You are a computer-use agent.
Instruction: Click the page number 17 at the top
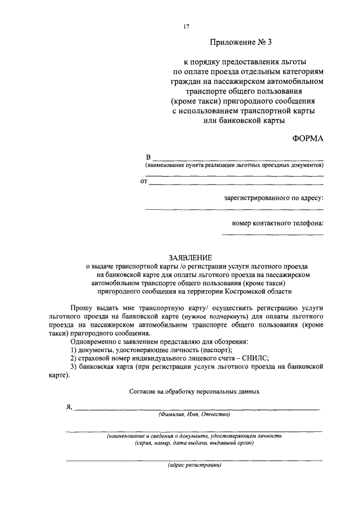(186, 26)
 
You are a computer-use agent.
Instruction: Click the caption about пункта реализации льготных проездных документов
(234, 166)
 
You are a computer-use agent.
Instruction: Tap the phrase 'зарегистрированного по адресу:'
(273, 198)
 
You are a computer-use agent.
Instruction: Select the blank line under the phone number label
(272, 234)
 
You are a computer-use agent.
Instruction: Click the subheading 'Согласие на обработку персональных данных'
(194, 390)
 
